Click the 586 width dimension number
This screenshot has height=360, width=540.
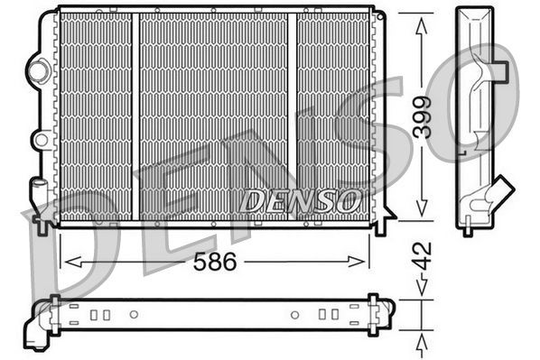click(x=217, y=263)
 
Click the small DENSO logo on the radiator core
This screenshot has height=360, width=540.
click(x=301, y=199)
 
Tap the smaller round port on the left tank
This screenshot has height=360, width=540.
click(x=40, y=139)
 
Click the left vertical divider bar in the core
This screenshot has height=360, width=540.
click(x=135, y=117)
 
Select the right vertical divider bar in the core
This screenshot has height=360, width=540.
click(x=293, y=117)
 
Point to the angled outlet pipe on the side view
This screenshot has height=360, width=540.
click(x=495, y=192)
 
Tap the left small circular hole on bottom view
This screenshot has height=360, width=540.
click(x=134, y=315)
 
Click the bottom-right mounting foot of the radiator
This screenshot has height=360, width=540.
click(x=380, y=223)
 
